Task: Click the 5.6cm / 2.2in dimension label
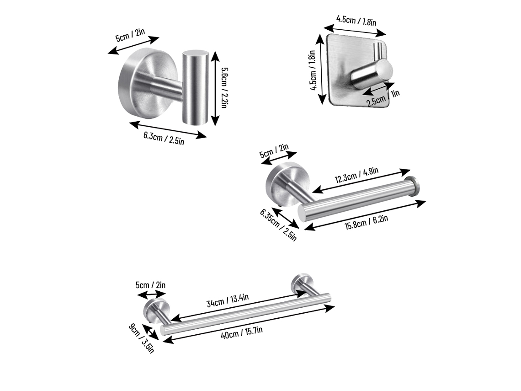point(224,88)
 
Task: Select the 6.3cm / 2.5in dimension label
point(164,138)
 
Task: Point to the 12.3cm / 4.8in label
point(356,175)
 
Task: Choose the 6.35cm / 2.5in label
point(278,225)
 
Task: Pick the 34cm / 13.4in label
point(228,300)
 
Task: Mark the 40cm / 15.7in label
point(242,332)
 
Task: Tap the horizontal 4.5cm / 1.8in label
point(356,21)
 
